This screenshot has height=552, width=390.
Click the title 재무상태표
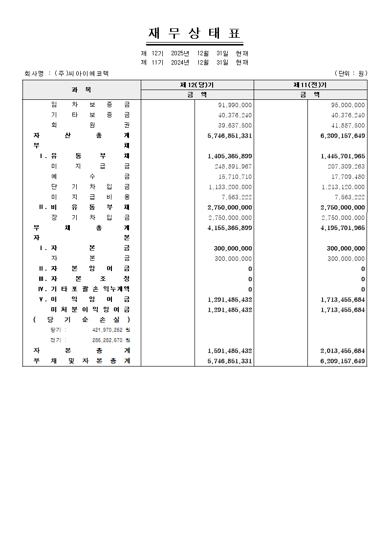coord(195,34)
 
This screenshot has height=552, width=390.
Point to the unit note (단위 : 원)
coord(350,73)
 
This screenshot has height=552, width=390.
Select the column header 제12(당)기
coord(197,85)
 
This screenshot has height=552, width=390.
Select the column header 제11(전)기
coord(310,85)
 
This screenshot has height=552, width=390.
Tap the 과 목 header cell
coord(81,90)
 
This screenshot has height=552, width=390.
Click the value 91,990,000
coord(235,105)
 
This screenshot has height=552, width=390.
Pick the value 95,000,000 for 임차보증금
coord(347,105)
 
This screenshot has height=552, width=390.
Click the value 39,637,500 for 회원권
coord(235,125)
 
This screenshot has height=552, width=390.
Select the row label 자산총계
coord(81,136)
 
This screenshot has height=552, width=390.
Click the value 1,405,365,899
coord(230,156)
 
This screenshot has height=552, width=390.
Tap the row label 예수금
coord(90,177)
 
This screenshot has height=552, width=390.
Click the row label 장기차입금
coord(90,218)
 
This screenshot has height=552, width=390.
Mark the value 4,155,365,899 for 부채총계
coord(230,228)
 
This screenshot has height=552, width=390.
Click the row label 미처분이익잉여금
coord(90,310)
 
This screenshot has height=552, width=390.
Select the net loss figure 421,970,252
coord(107,330)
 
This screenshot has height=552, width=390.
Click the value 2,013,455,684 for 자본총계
coord(343,351)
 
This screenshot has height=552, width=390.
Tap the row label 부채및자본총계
coord(81,361)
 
